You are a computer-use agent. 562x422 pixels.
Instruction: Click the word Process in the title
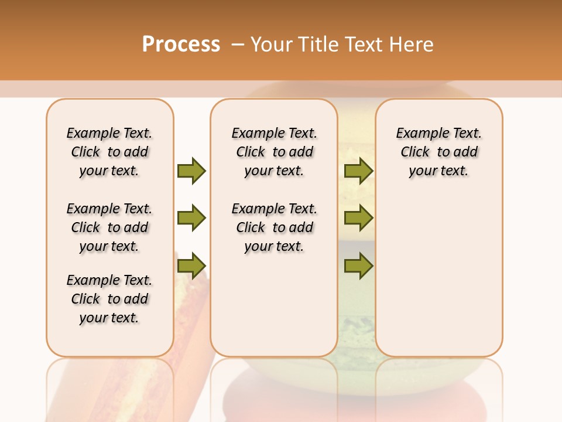181,45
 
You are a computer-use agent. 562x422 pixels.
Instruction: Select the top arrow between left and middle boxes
191,171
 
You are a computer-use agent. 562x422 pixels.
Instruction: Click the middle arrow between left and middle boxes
191,218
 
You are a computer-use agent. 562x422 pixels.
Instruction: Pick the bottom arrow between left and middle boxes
191,266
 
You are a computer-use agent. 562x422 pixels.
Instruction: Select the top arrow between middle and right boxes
358,171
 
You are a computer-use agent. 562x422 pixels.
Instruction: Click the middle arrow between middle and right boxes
358,218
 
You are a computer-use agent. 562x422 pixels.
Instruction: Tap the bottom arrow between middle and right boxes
358,266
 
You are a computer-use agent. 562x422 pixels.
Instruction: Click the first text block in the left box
109,152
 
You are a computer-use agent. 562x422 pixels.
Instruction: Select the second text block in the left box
109,227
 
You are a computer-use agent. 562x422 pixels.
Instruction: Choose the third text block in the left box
109,299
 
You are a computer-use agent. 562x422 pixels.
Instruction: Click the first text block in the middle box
274,152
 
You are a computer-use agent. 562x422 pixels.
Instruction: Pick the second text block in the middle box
274,227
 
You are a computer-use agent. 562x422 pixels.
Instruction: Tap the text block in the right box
438,152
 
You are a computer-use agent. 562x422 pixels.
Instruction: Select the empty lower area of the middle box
274,305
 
